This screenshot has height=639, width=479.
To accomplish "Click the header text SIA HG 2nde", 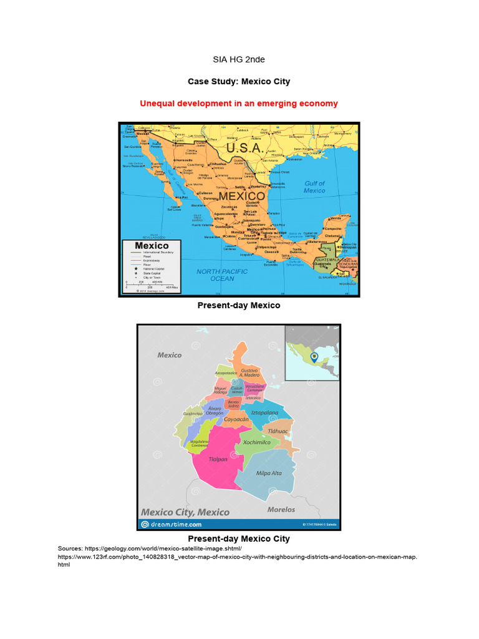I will (x=239, y=59).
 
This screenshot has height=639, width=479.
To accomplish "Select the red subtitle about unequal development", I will (x=239, y=103).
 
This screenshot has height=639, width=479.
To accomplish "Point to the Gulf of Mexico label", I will (x=314, y=187).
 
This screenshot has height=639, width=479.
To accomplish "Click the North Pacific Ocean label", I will (x=222, y=275).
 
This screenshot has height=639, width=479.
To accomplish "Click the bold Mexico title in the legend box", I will (x=144, y=246).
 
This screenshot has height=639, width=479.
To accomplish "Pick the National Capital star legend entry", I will (x=152, y=268).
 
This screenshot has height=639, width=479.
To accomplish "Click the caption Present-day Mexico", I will (x=239, y=305).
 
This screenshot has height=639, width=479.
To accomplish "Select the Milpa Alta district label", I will (x=269, y=473).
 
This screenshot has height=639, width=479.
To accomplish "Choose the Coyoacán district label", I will (x=236, y=419).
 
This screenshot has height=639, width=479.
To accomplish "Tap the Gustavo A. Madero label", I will (x=249, y=373).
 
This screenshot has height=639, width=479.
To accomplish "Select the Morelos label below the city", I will (x=281, y=509).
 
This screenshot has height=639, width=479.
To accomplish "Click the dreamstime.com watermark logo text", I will (x=171, y=525).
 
